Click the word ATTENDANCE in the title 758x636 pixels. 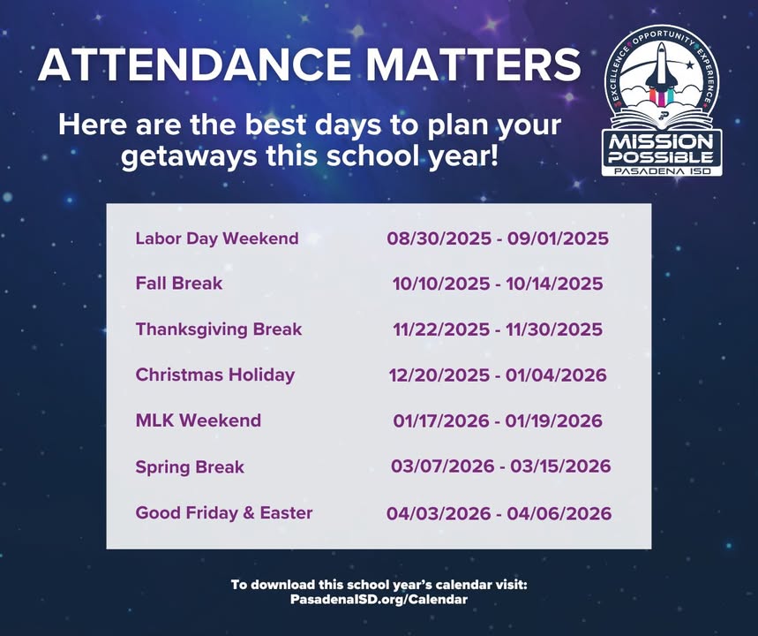tap(194, 64)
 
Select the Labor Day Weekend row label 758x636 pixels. tap(217, 238)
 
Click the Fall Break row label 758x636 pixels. tap(179, 284)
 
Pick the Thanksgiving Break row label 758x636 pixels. tap(219, 329)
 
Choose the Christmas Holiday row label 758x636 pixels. tap(215, 375)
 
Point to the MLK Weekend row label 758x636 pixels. tap(199, 420)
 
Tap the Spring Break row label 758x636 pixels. tap(190, 467)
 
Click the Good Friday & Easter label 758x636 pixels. tap(224, 512)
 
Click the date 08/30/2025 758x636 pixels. tap(439, 238)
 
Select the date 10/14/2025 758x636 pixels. tap(554, 284)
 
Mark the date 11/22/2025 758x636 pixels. tap(441, 329)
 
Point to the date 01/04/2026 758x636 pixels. tap(556, 375)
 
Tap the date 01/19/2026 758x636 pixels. tap(554, 420)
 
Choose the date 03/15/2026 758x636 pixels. tap(560, 466)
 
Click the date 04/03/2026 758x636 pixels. tap(439, 513)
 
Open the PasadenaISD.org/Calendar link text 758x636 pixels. tap(379, 599)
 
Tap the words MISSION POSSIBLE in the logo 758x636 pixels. tap(661, 149)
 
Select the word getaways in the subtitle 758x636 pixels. tap(189, 158)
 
